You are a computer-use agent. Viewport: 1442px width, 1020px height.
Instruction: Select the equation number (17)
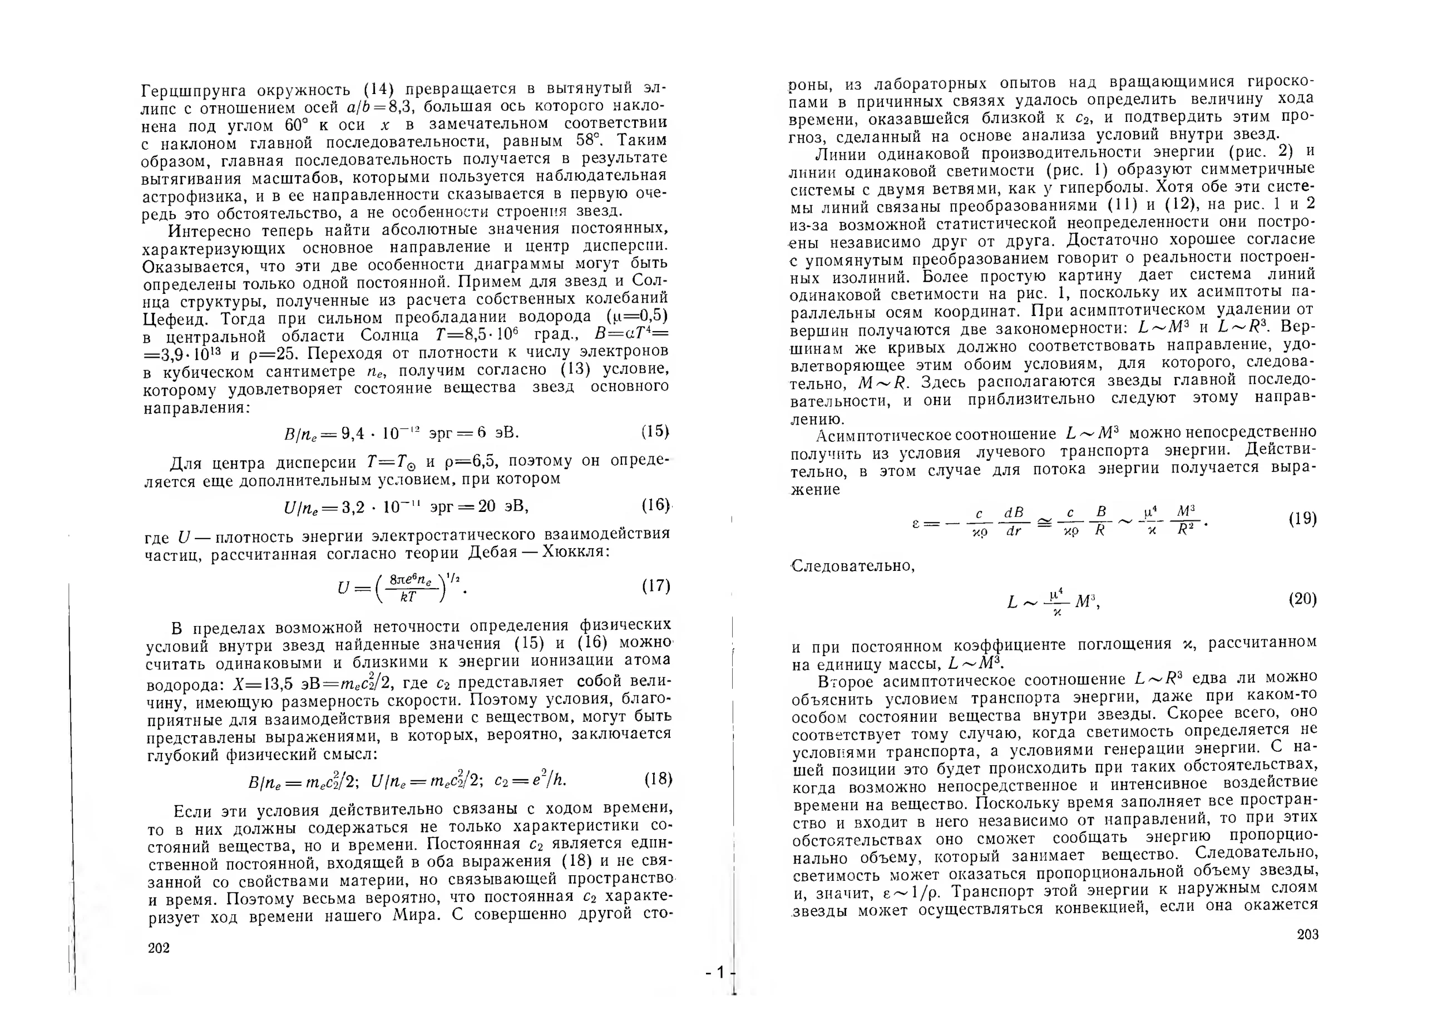point(656,586)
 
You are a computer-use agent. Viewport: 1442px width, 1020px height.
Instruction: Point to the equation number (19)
point(1302,519)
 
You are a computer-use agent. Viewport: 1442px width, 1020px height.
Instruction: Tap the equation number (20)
point(1302,599)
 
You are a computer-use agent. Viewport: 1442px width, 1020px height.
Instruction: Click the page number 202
point(159,948)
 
